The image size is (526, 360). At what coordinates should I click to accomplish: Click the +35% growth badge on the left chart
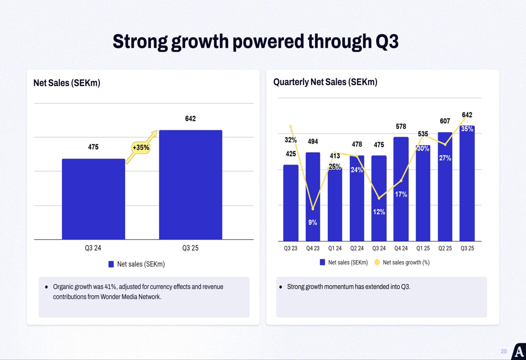coord(141,148)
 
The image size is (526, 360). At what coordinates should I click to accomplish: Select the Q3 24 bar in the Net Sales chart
coord(93,200)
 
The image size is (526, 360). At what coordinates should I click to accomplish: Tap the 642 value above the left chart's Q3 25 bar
coord(190,119)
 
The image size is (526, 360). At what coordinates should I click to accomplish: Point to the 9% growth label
coord(312,223)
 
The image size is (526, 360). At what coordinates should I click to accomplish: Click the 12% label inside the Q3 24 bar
coord(379,212)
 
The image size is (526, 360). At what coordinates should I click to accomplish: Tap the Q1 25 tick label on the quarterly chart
coord(423,248)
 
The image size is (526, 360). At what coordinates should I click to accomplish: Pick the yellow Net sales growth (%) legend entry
coord(402,262)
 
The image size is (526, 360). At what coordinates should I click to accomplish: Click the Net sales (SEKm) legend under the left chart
coord(137,264)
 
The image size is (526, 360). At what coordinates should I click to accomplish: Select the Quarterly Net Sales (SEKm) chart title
coord(325,82)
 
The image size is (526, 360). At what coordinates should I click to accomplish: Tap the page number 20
coord(503,351)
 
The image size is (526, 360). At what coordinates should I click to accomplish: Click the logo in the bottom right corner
coord(519,352)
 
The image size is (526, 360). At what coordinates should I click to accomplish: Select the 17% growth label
coord(401,194)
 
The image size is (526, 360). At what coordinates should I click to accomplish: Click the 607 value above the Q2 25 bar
coord(445,121)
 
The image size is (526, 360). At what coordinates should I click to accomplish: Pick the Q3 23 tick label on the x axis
coord(290,248)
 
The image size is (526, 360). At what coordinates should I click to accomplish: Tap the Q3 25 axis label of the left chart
coord(190,248)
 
